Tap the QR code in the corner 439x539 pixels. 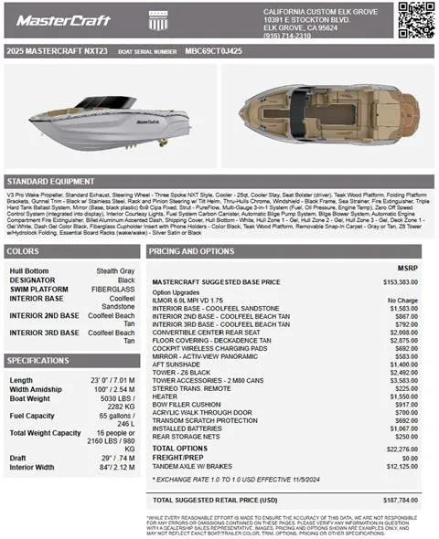[x=416, y=20]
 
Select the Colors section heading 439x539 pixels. [x=23, y=250]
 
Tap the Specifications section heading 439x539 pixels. [x=38, y=361]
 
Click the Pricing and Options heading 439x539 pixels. [x=191, y=250]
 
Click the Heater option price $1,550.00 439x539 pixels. [x=403, y=396]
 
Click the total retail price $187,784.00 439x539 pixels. [x=400, y=500]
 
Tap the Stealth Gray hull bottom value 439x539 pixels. [x=116, y=271]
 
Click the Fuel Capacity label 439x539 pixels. [x=31, y=416]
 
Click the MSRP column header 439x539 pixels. [x=408, y=269]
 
